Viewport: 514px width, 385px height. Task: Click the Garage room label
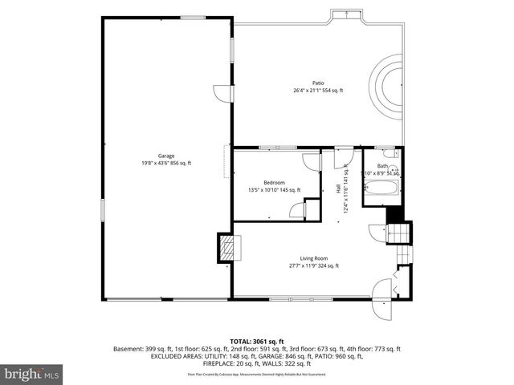166,156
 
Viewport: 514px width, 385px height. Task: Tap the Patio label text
318,83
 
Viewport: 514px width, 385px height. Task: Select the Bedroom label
274,182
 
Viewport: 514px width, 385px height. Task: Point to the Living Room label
313,257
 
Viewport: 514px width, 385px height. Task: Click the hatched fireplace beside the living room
227,247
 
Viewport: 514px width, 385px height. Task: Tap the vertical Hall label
337,189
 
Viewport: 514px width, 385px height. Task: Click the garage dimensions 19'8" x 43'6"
165,164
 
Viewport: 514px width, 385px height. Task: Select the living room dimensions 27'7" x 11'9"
313,265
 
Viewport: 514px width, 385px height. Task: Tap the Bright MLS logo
31,374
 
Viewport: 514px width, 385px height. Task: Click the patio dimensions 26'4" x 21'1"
318,91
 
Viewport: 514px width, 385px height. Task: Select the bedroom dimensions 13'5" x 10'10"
274,190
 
